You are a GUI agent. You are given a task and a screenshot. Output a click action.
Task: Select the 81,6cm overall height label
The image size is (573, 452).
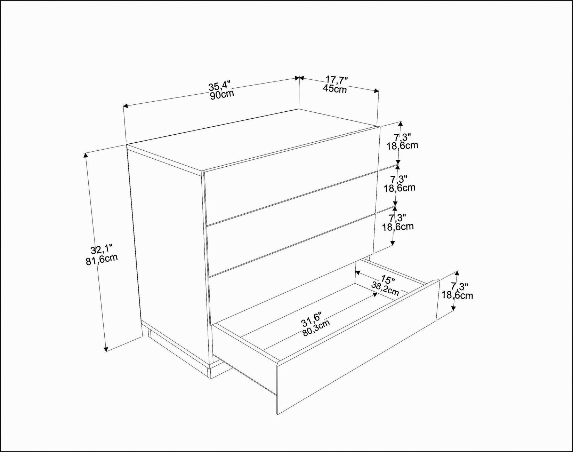coord(102,259)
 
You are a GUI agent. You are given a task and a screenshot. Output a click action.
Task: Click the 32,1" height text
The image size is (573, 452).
coord(101,249)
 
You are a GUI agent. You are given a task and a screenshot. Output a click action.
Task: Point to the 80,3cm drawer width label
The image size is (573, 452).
coord(316,328)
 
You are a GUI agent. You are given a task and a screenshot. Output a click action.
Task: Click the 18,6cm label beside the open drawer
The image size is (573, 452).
coord(457,296)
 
